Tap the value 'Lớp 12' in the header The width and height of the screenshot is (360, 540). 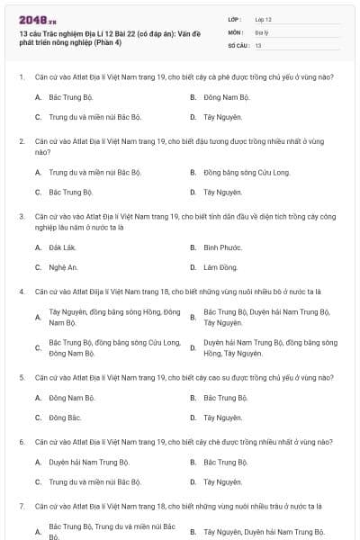264,18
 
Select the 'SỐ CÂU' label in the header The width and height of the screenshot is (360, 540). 237,44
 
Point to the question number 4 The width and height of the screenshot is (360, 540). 22,292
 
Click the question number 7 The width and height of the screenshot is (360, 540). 22,507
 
